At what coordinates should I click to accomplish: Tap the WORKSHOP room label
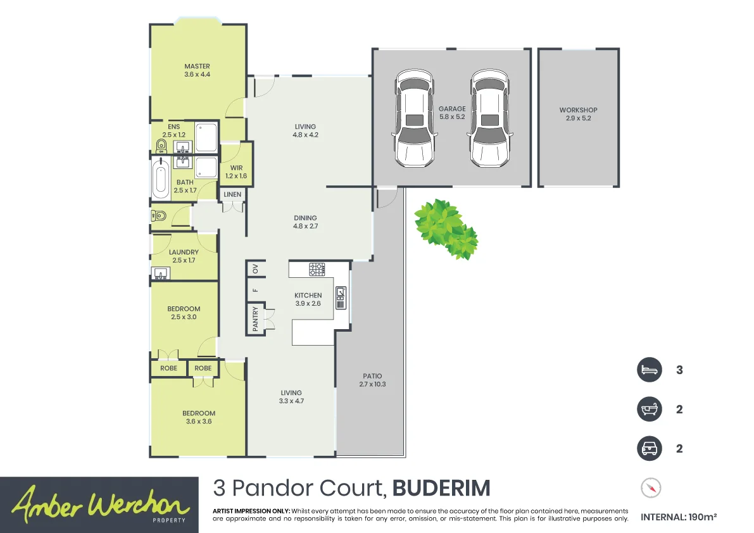tap(578, 110)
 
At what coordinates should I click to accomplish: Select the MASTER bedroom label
tap(197, 66)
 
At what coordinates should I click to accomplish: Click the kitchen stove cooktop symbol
tap(317, 269)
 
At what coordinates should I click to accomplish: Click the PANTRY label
tap(255, 320)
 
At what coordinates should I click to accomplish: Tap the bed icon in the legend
tap(649, 370)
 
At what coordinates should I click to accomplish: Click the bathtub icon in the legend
tap(649, 409)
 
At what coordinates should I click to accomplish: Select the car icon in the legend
tap(649, 449)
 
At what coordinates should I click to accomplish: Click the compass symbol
tap(651, 488)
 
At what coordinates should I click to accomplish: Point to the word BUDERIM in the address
tap(441, 489)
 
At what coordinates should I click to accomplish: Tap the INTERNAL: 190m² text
tap(679, 517)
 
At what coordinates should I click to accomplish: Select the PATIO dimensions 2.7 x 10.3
tap(372, 384)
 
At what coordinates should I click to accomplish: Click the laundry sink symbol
tap(161, 274)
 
